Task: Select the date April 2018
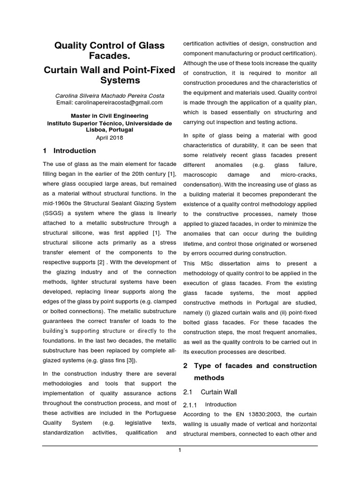[110, 137]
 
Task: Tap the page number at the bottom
[180, 450]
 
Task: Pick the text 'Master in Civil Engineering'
[110, 116]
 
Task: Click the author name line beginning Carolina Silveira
[110, 96]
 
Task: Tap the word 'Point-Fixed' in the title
[149, 70]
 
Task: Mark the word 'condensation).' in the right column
[202, 185]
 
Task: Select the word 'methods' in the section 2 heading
[208, 378]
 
